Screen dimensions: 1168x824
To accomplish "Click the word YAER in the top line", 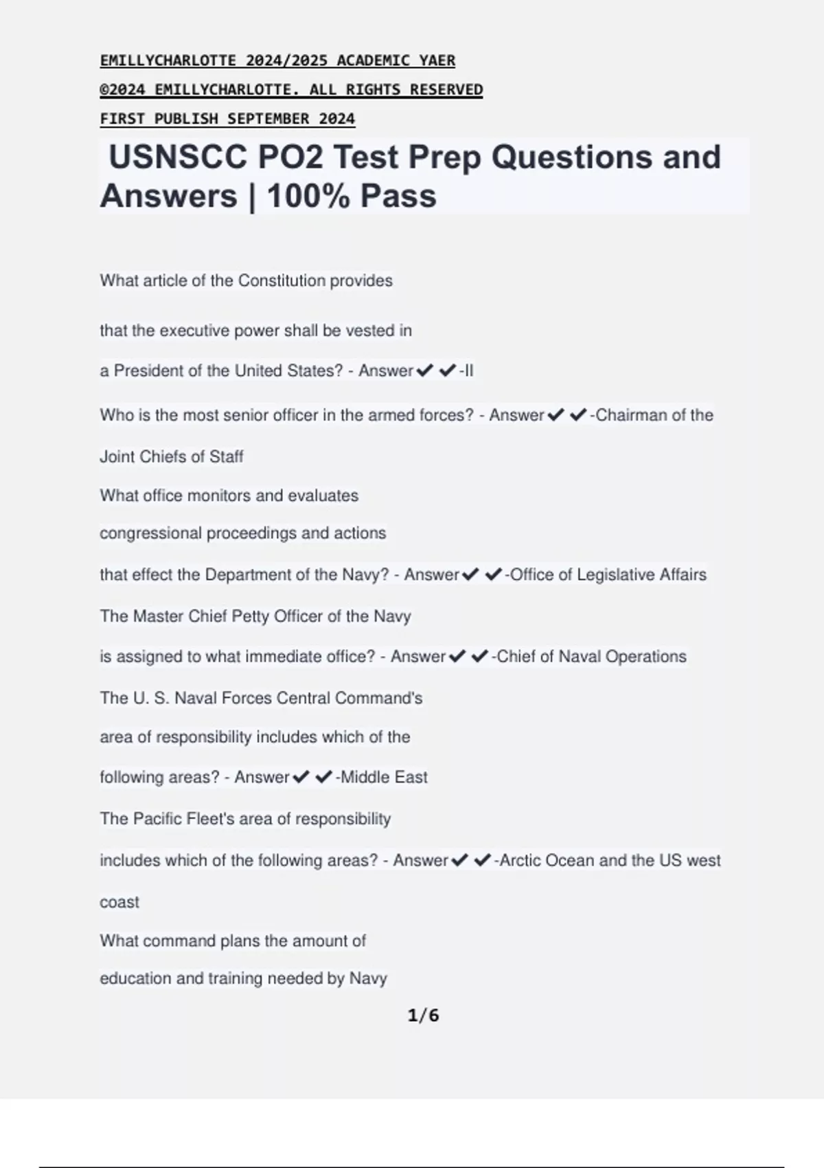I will tap(437, 60).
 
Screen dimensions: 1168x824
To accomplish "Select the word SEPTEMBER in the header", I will tap(268, 119).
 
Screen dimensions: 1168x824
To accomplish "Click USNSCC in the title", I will tap(178, 157).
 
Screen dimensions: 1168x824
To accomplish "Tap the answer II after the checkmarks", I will tap(468, 371).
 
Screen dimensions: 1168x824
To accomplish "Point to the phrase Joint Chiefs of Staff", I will tap(172, 457).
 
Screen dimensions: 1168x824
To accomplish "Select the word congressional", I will tap(151, 533).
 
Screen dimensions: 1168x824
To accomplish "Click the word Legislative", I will tap(615, 574).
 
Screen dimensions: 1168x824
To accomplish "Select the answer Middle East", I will tap(384, 777).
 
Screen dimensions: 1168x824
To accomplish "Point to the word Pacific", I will tap(157, 819).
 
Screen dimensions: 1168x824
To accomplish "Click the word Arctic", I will tap(520, 860).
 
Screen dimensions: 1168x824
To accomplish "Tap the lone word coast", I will tap(119, 902).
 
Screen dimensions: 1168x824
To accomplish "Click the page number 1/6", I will tap(423, 1015).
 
